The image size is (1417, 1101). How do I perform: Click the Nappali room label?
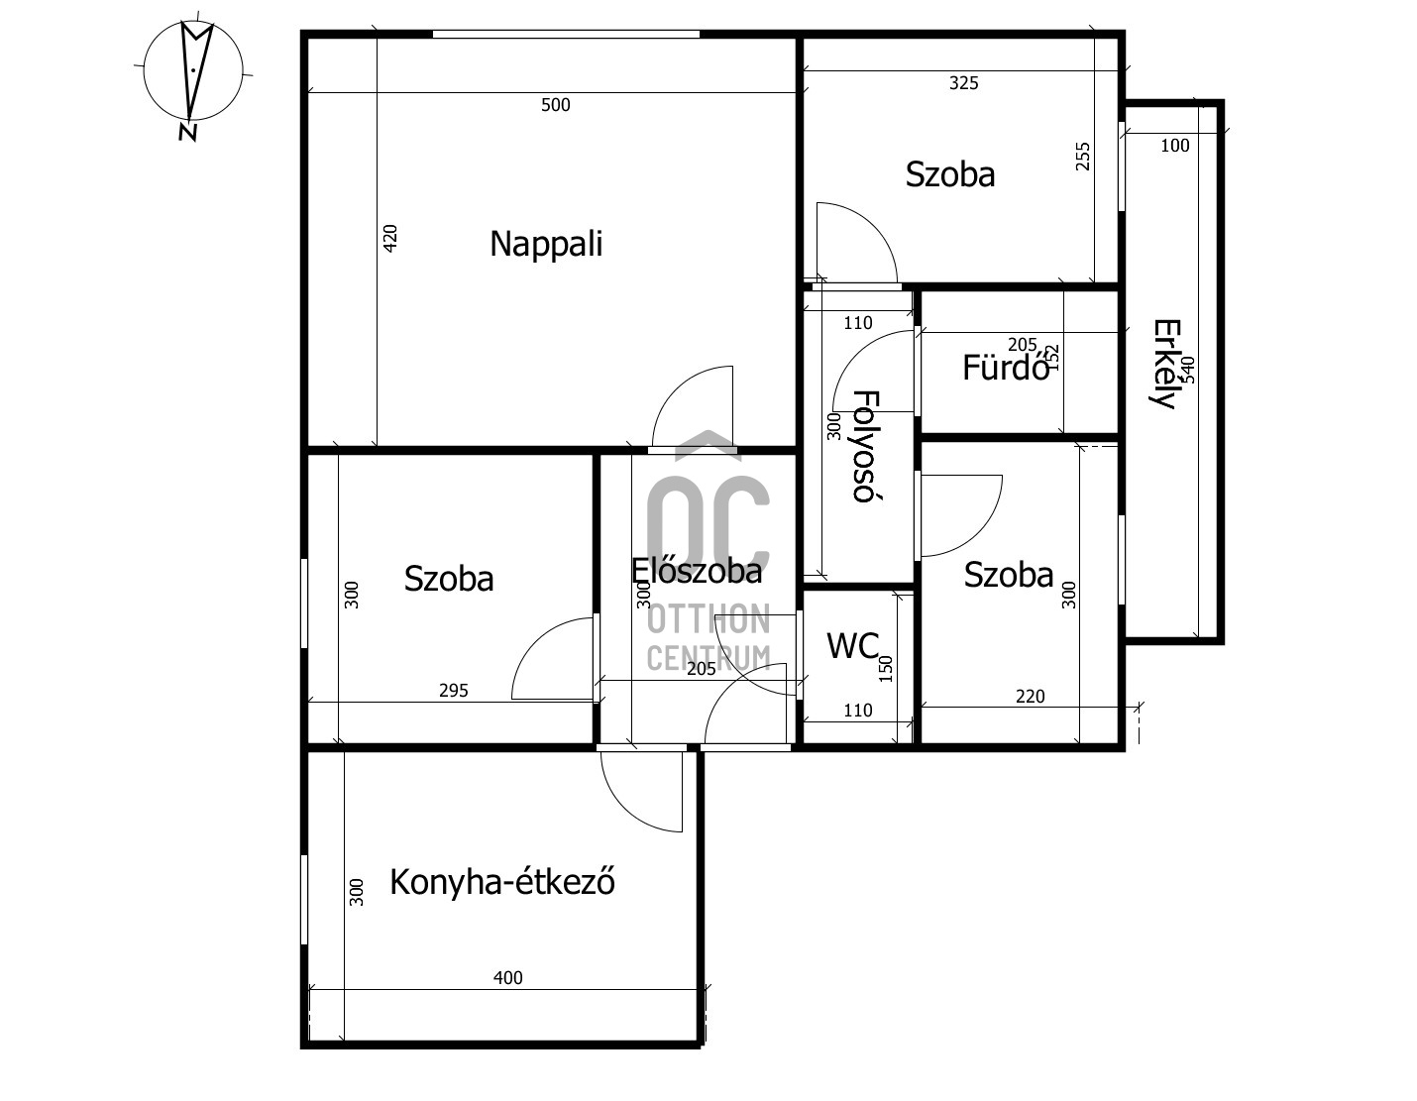(546, 245)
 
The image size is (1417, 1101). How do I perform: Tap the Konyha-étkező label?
(502, 882)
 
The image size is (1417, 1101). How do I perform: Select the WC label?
(853, 646)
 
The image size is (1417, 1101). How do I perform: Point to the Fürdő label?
(1006, 368)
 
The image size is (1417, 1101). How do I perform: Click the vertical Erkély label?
(1166, 363)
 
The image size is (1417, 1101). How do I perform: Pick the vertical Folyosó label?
(867, 446)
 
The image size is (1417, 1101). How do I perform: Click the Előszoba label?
(697, 571)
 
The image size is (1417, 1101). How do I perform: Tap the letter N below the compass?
(188, 133)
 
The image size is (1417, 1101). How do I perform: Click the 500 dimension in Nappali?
(556, 105)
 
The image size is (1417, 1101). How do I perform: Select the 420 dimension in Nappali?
(390, 239)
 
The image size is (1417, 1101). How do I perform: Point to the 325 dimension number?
(964, 83)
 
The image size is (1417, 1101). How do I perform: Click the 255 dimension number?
(1082, 157)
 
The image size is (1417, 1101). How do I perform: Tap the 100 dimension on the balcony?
(1175, 146)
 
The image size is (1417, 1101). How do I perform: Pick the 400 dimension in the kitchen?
(508, 978)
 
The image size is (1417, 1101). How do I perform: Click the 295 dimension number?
(453, 691)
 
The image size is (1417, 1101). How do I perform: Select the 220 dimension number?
(1031, 697)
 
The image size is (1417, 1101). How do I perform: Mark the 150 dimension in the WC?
(886, 669)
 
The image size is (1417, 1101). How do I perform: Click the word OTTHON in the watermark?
(708, 619)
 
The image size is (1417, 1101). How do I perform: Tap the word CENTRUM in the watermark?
(708, 658)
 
